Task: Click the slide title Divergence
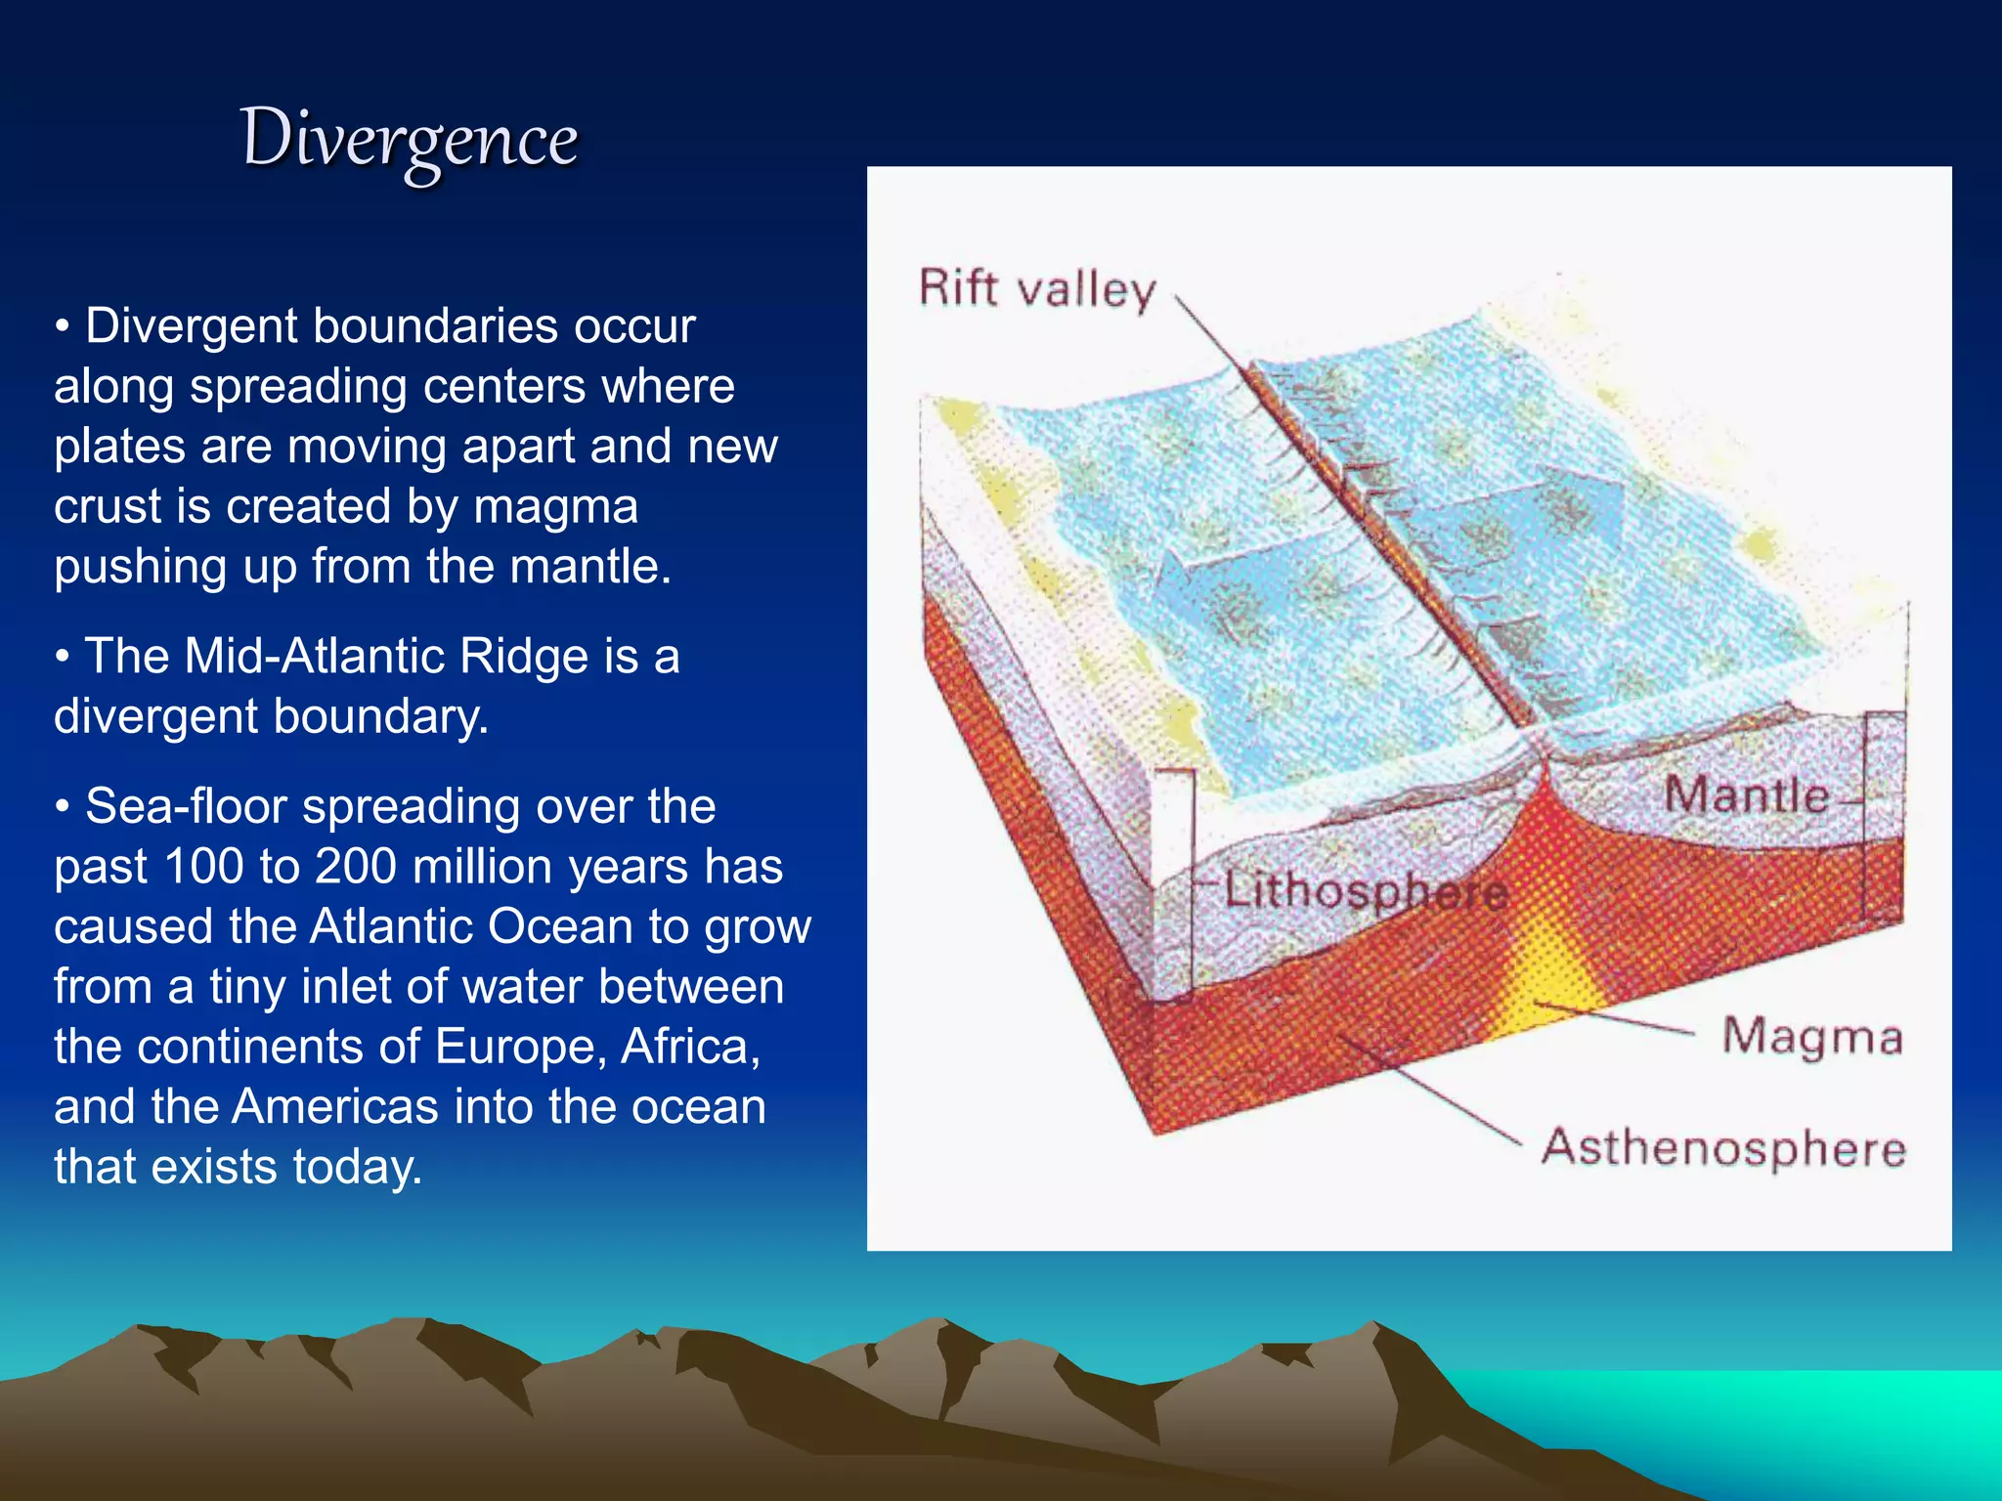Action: pyautogui.click(x=410, y=140)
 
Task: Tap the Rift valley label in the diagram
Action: pyautogui.click(x=1036, y=290)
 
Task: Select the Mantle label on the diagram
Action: pyautogui.click(x=1746, y=794)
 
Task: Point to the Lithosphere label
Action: pyautogui.click(x=1365, y=890)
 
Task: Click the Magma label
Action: pyautogui.click(x=1811, y=1037)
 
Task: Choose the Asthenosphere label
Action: pyautogui.click(x=1723, y=1147)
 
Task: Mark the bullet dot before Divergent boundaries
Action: pyautogui.click(x=63, y=326)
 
